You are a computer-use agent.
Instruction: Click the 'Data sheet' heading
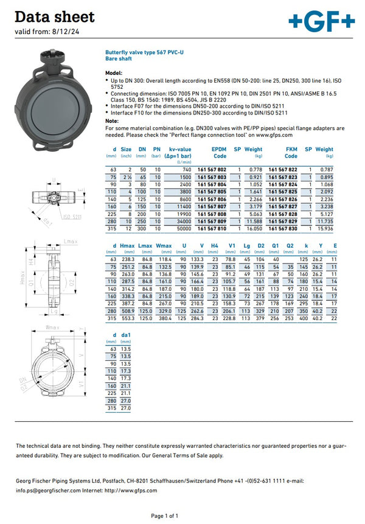click(54, 16)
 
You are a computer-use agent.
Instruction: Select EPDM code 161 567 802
click(212, 169)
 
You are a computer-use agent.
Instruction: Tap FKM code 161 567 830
click(283, 228)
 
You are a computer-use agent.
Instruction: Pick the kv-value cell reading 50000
click(184, 228)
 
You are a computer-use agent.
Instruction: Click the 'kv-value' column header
click(180, 149)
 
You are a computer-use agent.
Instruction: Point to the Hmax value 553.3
click(127, 318)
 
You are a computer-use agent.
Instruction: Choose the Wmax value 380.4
click(164, 318)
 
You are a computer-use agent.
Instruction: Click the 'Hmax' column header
click(127, 245)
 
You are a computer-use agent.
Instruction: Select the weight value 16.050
click(254, 228)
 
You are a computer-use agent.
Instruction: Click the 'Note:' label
click(112, 121)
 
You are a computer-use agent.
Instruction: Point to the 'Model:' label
click(114, 72)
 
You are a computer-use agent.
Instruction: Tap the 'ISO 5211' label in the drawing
click(72, 217)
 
